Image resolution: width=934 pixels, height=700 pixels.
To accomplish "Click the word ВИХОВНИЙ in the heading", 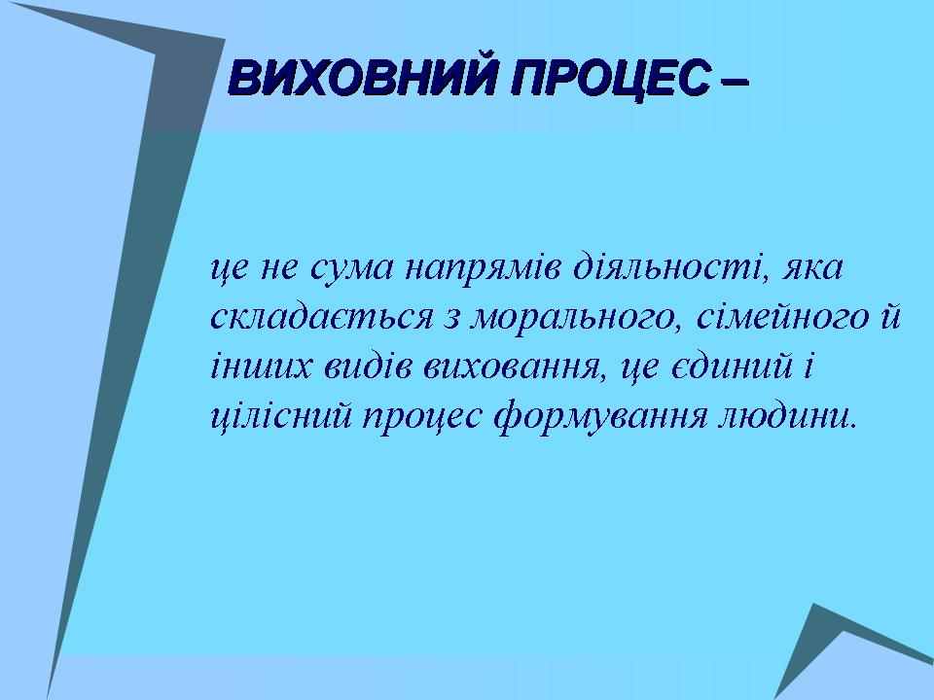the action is (x=362, y=78).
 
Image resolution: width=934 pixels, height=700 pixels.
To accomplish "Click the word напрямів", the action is (x=484, y=271).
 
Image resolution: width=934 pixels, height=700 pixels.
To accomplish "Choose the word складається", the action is (x=322, y=317).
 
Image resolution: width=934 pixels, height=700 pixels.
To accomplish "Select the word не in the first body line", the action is (x=279, y=271).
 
